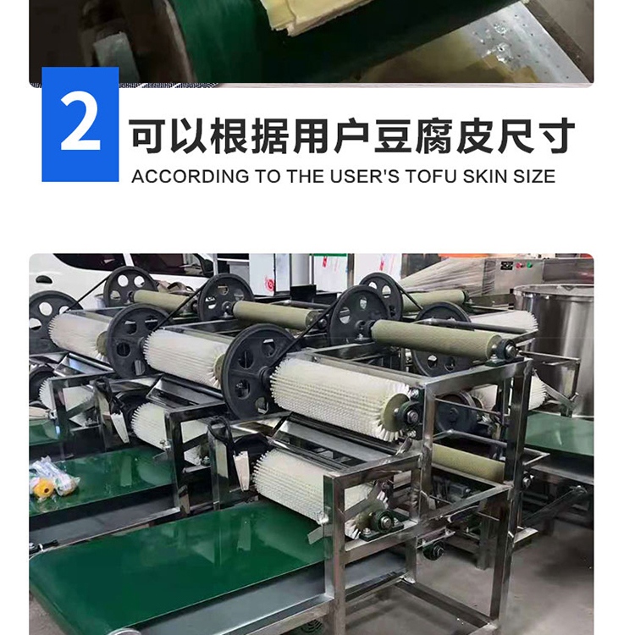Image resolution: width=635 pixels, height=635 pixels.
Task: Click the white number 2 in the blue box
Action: (x=80, y=124)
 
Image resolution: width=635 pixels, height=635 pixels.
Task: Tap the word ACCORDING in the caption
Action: (x=190, y=177)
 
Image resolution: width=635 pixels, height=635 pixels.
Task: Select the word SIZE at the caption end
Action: (x=534, y=177)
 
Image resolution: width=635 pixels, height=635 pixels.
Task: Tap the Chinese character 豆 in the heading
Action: (x=393, y=135)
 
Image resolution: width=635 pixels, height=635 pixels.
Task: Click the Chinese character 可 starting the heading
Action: (x=147, y=135)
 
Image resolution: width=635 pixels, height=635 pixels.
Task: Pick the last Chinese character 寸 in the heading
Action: (x=557, y=135)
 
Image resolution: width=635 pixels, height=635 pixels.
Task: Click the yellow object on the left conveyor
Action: (x=44, y=488)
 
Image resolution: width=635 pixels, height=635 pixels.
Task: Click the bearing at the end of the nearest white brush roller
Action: (x=411, y=414)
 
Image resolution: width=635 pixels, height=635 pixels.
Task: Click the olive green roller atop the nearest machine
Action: (x=438, y=338)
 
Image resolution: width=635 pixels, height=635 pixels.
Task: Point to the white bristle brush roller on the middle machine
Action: (x=185, y=356)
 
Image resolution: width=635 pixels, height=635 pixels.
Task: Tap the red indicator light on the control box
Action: (x=518, y=266)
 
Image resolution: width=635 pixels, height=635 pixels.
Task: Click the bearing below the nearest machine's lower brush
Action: (x=383, y=523)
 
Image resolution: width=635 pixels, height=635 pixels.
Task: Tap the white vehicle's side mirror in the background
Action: (x=44, y=279)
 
